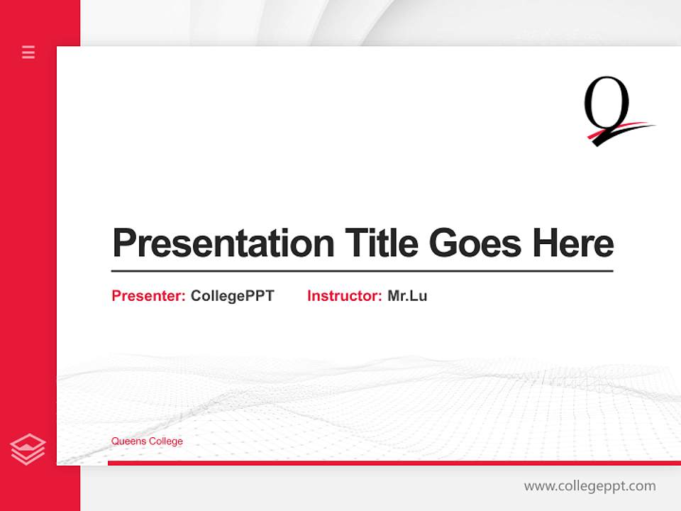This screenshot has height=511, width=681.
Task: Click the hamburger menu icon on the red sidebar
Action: [x=28, y=52]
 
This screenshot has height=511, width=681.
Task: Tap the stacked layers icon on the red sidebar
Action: [x=28, y=449]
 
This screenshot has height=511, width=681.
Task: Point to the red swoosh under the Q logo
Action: [x=621, y=131]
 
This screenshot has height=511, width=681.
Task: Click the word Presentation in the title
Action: [x=223, y=243]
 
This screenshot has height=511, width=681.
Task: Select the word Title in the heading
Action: [x=382, y=243]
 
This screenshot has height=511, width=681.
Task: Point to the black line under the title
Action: [x=362, y=271]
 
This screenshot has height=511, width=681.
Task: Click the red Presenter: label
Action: [x=148, y=296]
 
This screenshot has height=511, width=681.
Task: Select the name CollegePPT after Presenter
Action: [x=232, y=296]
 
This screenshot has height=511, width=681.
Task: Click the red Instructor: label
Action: [x=344, y=296]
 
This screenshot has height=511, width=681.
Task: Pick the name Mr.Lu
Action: [x=407, y=296]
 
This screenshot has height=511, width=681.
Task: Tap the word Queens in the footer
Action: [x=128, y=441]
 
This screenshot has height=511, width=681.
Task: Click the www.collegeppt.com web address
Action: [x=589, y=486]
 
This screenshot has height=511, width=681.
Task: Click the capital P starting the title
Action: [x=125, y=243]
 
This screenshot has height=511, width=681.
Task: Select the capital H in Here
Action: [x=546, y=243]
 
